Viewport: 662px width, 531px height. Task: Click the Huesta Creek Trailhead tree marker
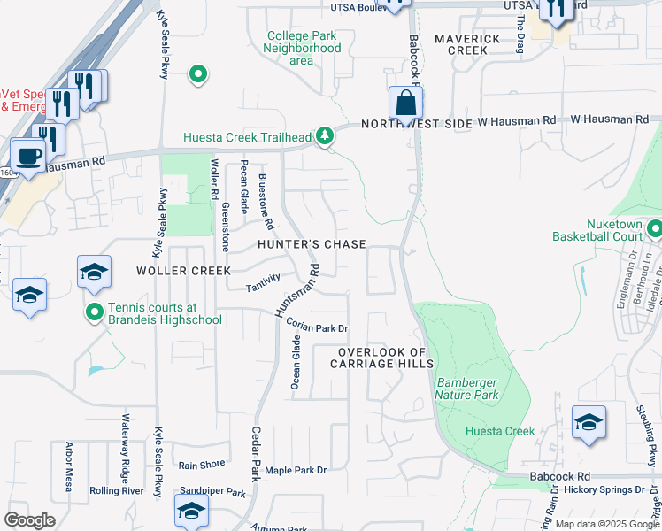327,135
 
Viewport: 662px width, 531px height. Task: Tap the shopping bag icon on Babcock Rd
404,104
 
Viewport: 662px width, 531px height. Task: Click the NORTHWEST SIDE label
416,125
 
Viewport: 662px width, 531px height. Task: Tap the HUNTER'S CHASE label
311,243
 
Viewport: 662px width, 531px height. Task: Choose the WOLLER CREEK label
183,270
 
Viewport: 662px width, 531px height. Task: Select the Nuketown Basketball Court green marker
654,230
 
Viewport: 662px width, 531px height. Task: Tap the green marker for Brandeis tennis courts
95,312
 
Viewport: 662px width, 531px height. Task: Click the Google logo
29,520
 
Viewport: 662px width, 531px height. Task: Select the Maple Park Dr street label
296,470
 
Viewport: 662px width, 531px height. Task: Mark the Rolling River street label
117,490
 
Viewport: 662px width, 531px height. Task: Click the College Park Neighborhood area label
302,48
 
